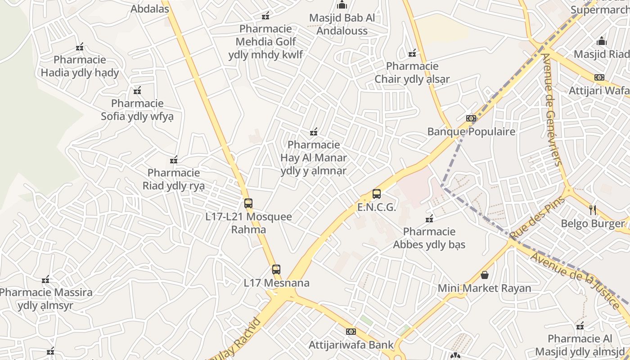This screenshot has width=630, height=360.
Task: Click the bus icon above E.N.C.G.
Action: [377, 194]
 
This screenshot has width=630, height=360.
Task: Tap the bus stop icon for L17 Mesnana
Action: [276, 270]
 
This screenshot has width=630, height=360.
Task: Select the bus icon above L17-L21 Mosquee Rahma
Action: [248, 203]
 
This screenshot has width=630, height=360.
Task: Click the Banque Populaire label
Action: [471, 132]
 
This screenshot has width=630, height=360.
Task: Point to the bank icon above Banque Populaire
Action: [471, 118]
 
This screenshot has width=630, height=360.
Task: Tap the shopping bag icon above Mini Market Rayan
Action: [485, 274]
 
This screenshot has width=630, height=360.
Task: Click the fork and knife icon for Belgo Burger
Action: [593, 209]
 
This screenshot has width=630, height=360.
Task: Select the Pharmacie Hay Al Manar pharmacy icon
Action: [314, 132]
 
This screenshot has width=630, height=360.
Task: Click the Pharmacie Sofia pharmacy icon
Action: [137, 90]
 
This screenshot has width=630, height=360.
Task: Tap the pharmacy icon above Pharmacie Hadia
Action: [80, 46]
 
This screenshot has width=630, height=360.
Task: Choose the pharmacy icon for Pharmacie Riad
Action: [174, 160]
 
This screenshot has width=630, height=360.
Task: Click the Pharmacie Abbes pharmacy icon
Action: [429, 219]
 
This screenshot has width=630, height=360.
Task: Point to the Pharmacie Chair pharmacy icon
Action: [412, 54]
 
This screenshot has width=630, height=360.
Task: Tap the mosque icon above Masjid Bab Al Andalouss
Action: [342, 5]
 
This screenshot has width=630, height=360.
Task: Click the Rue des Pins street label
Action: [531, 219]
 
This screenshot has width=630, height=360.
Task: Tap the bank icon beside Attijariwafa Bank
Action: [351, 332]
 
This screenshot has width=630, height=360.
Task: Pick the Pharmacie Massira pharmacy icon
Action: [45, 279]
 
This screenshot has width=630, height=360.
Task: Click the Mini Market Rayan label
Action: [485, 288]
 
